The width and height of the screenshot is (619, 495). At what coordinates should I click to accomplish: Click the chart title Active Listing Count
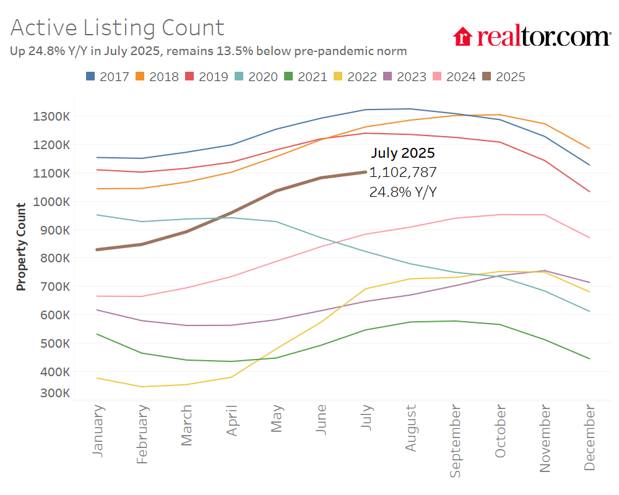pos(117,28)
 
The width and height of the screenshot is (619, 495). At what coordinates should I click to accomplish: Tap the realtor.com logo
pos(531,37)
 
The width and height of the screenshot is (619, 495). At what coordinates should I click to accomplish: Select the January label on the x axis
pos(98,431)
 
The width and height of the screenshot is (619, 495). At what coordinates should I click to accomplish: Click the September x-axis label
pos(456,441)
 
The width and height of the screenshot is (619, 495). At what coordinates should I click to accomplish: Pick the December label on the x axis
pos(589,438)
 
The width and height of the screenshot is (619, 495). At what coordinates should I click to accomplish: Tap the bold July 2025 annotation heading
pos(403,153)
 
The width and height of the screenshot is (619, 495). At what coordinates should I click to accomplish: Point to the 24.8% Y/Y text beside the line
pos(403,192)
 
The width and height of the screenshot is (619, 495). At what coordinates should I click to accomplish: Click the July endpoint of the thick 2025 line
pos(366,172)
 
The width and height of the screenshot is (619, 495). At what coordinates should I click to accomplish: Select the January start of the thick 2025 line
pos(98,249)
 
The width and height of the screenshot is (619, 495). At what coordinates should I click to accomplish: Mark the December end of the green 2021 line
pos(589,358)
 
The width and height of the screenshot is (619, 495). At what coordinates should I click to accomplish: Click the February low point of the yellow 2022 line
pos(142,387)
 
